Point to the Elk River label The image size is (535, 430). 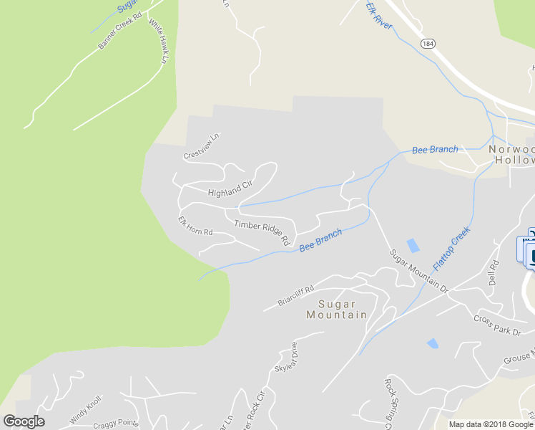tap(379, 15)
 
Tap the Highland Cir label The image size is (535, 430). tap(230, 188)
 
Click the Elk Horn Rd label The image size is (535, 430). tap(195, 226)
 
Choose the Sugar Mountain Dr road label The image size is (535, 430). tap(418, 272)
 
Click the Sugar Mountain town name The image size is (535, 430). tap(336, 309)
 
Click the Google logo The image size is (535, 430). tap(24, 421)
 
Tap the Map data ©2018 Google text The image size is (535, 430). tap(491, 424)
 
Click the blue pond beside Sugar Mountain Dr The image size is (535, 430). tap(413, 245)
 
